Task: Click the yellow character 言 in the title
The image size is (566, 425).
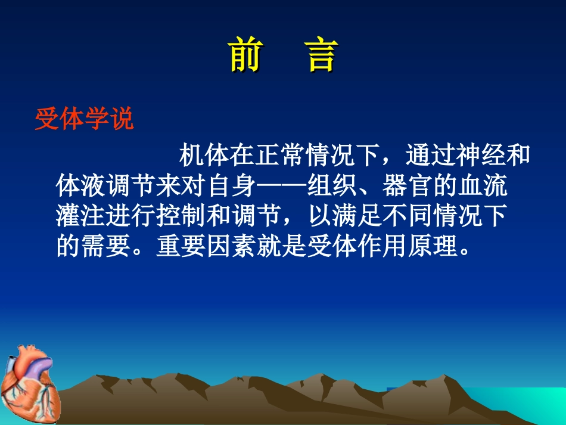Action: (x=322, y=56)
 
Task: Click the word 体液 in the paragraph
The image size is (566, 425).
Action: (x=80, y=187)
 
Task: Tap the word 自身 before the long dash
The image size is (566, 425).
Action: (x=232, y=187)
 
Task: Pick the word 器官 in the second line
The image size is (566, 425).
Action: (x=408, y=187)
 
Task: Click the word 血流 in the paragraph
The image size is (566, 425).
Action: (x=484, y=187)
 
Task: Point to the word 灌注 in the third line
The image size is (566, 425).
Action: (x=80, y=217)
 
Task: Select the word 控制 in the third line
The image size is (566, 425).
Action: (x=181, y=217)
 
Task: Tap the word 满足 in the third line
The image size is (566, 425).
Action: (x=357, y=217)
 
